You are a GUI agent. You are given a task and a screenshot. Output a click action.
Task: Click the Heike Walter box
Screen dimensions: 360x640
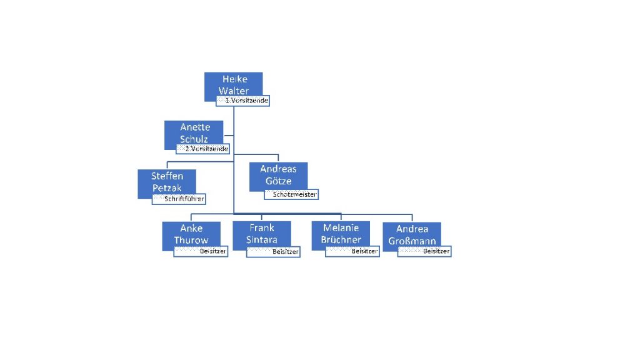234,84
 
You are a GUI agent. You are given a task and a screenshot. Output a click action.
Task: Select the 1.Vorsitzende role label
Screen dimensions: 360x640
243,101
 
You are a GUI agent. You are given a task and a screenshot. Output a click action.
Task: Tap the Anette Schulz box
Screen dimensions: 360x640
194,132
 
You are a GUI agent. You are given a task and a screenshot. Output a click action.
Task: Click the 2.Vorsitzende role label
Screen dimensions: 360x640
203,149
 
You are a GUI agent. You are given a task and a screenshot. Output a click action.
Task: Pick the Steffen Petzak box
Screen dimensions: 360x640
167,181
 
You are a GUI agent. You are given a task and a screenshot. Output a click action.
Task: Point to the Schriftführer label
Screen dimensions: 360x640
179,199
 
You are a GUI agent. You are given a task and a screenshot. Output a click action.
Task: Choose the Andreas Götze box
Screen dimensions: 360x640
278,175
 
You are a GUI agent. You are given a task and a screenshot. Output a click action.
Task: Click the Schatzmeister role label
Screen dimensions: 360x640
291,194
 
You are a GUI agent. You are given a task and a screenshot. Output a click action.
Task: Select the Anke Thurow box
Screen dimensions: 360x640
191,234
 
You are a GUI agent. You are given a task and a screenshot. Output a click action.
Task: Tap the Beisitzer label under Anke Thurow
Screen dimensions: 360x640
201,251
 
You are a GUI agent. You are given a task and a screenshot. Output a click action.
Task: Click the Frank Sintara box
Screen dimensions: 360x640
261,233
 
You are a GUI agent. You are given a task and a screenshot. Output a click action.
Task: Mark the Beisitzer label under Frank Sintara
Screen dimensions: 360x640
273,252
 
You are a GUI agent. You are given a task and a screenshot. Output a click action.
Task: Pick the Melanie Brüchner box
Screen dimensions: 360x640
341,233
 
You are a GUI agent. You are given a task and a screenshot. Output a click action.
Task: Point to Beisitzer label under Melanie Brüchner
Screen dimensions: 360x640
352,251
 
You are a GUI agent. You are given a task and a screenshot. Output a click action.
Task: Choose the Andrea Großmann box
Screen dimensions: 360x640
412,235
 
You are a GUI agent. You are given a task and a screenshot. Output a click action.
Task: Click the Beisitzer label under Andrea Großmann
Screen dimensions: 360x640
424,251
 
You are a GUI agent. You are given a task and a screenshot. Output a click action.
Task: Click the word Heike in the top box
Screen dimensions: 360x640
235,79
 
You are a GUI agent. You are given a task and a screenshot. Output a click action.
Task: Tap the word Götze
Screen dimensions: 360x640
278,181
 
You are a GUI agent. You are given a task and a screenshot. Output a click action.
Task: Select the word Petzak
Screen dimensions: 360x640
167,187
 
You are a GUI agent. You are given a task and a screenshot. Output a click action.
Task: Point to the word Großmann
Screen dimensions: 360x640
412,241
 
